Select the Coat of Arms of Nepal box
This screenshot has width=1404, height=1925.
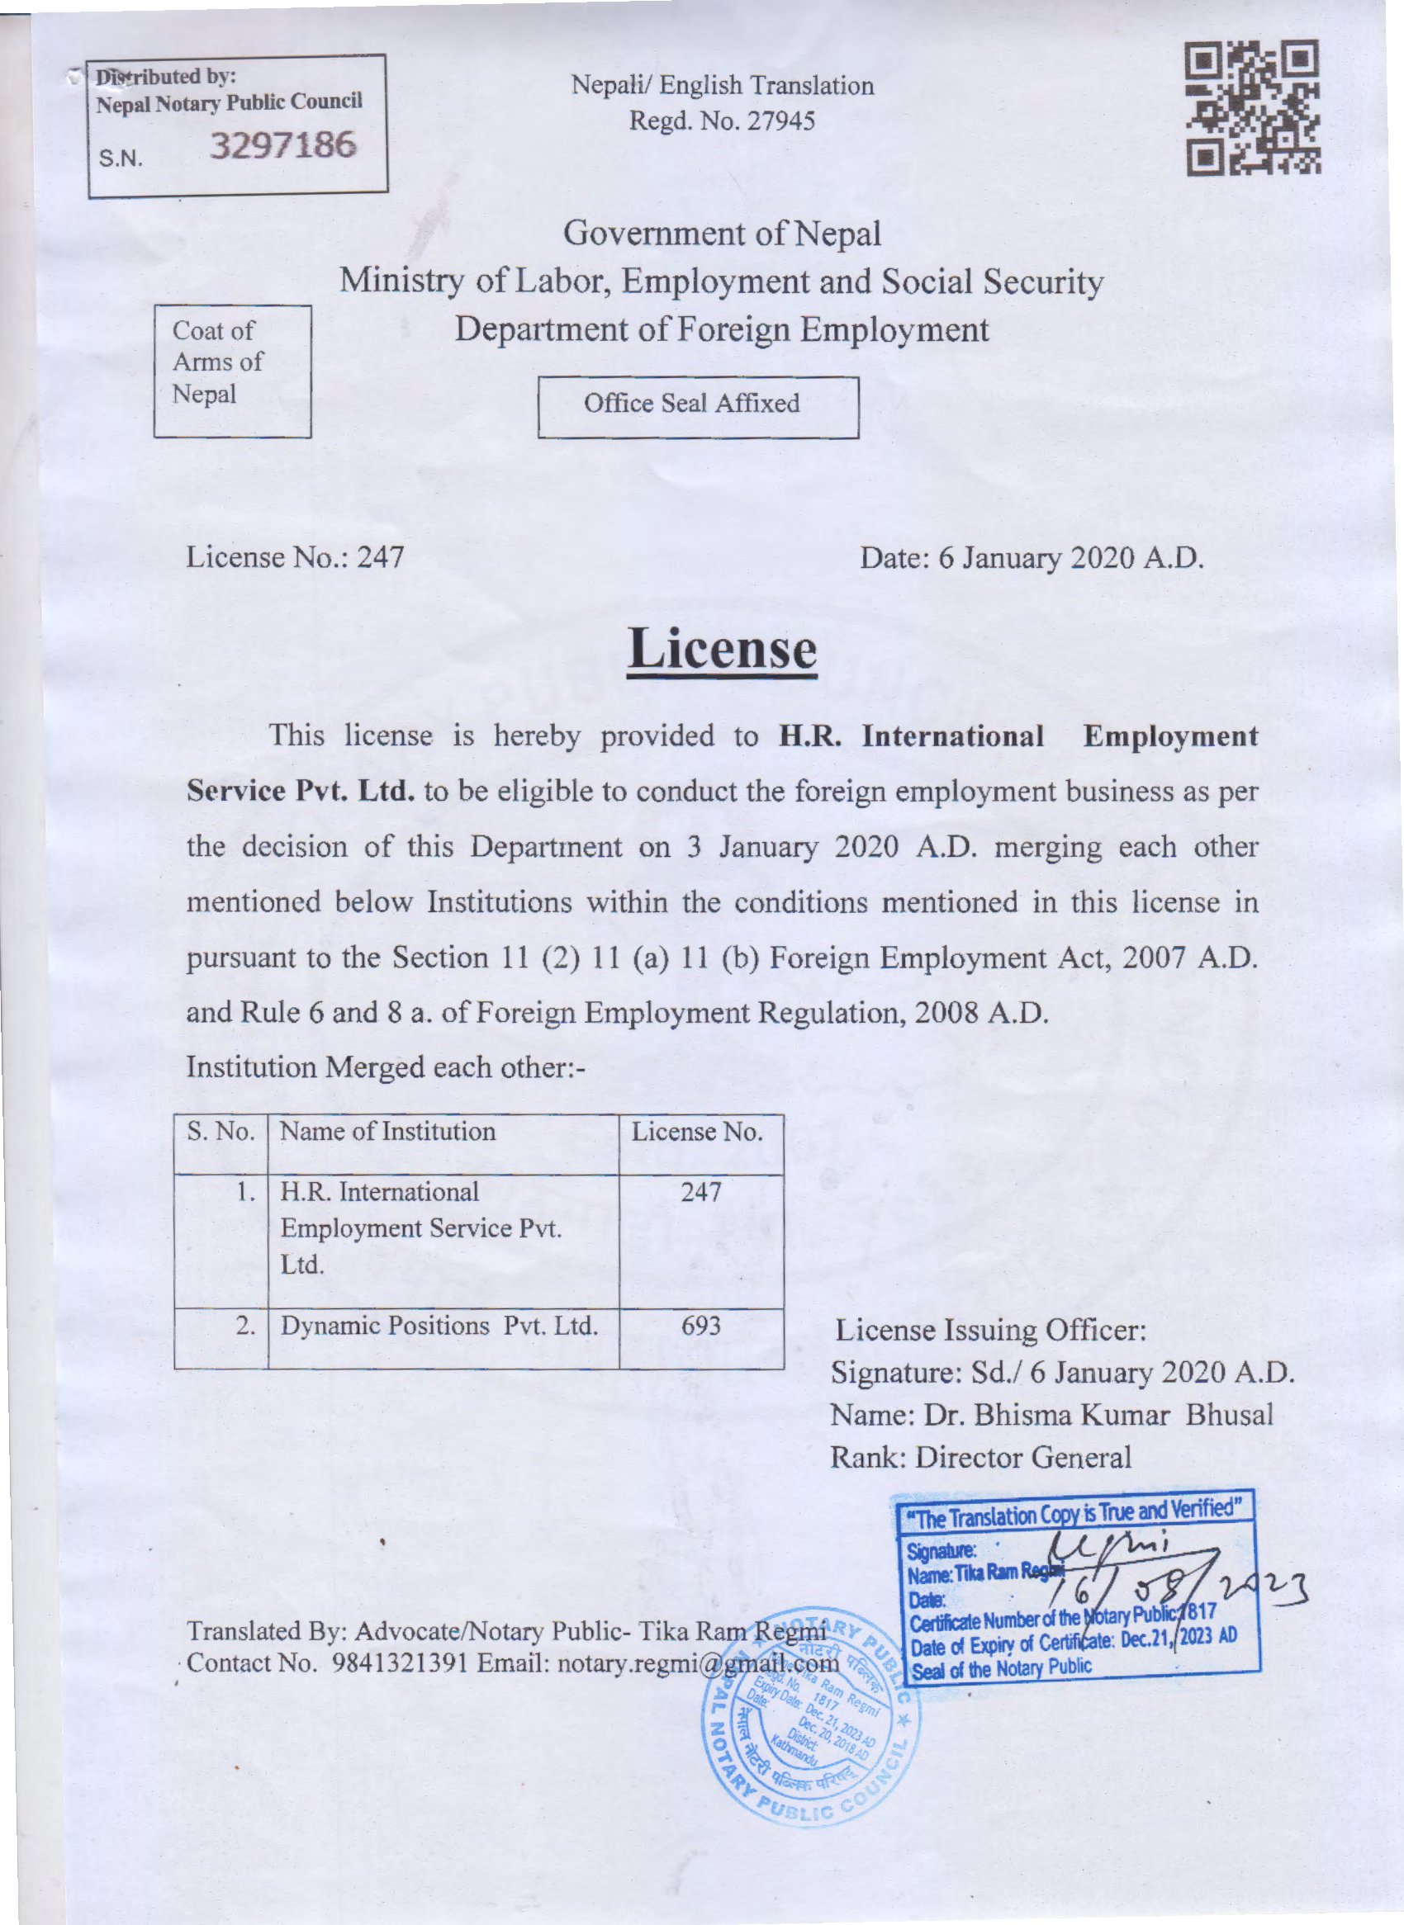click(x=232, y=371)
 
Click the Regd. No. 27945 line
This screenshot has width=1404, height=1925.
click(x=722, y=122)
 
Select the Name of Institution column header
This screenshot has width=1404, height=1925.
click(x=387, y=1132)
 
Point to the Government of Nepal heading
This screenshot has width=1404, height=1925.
click(x=722, y=234)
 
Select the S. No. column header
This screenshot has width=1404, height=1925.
click(x=221, y=1132)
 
